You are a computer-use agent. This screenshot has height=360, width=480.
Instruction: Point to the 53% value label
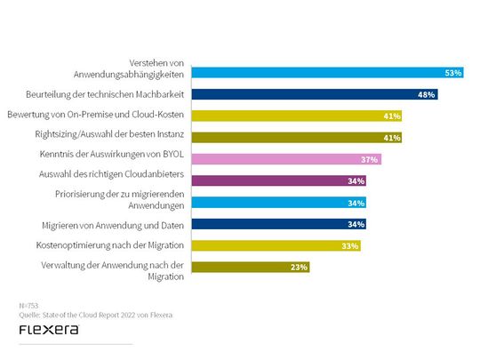tap(453, 73)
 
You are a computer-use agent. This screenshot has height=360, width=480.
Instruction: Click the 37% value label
tap(370, 159)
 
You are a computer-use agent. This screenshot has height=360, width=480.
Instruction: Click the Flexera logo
tap(48, 330)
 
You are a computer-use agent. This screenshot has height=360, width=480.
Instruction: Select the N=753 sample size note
tap(28, 304)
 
